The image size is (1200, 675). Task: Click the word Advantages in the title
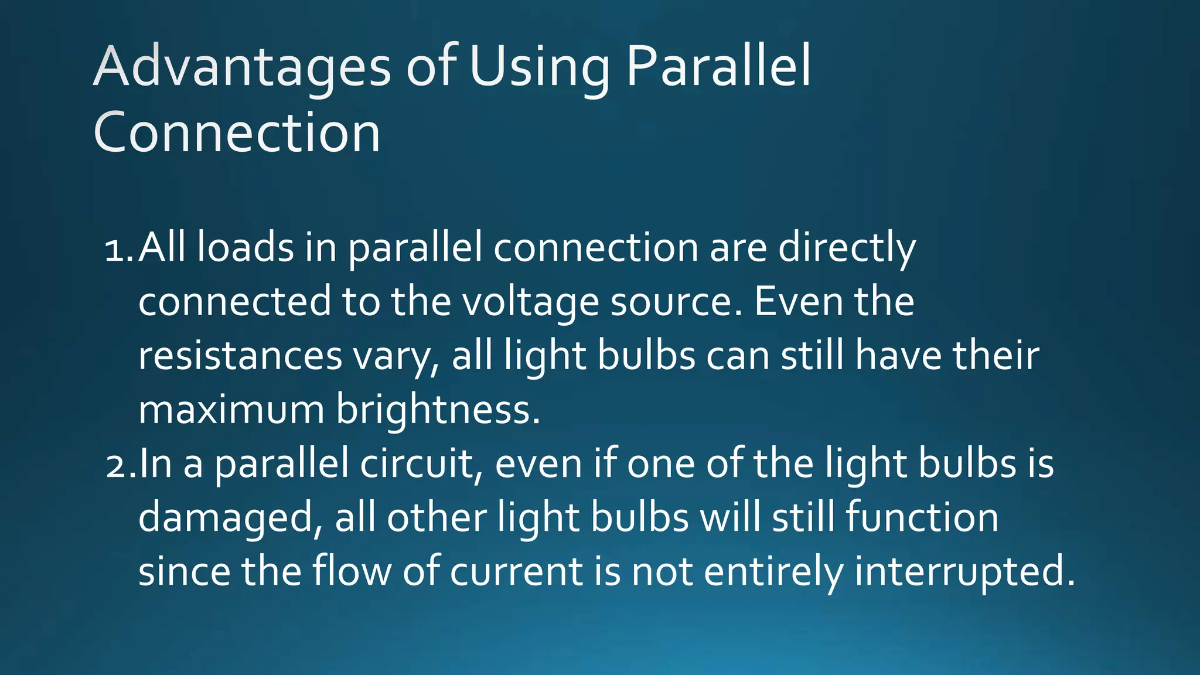click(241, 67)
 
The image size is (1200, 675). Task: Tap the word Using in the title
click(539, 67)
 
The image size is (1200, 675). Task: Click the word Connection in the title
click(237, 133)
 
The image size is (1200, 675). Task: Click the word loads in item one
click(245, 247)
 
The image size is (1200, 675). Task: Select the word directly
click(847, 248)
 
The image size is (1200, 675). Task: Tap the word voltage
click(530, 302)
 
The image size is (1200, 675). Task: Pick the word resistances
click(240, 356)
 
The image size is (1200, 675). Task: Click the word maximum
click(231, 410)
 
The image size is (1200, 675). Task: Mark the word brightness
click(437, 410)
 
